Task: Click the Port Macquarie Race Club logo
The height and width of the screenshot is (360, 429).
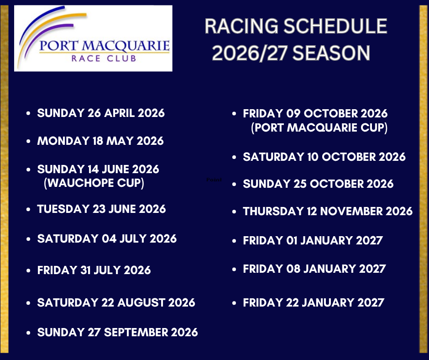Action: pos(93,38)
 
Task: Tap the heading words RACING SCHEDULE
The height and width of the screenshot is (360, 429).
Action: pos(296,26)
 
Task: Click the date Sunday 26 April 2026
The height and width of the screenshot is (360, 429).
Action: pos(101,113)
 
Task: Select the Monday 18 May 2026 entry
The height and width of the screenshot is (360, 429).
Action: pos(100,141)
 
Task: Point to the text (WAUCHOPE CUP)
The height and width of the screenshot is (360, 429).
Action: pos(94,183)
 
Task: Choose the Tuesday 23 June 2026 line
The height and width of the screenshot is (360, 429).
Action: pos(101,209)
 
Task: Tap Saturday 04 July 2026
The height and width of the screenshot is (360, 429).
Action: pos(107,238)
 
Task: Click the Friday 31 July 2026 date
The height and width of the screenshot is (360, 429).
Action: pos(94,270)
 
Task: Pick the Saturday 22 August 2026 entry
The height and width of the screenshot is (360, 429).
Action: pos(116,303)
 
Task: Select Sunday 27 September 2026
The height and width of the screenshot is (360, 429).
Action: pos(117,332)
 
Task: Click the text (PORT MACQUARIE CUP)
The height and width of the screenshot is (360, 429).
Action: pos(319,127)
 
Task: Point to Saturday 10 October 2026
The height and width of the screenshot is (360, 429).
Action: pos(324,157)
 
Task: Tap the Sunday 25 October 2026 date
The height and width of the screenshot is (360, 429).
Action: pos(318,184)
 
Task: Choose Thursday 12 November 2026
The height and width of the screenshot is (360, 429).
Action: pos(328,211)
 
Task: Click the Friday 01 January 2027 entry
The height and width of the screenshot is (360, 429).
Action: pos(313,241)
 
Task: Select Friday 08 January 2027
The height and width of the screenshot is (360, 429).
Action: pos(314,269)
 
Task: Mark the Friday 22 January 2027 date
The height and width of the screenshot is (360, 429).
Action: pos(314,303)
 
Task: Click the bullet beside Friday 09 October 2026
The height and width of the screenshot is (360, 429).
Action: pos(234,113)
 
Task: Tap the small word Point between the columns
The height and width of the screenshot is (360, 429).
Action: pos(214,180)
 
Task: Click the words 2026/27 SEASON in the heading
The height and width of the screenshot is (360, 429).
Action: pos(291,53)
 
